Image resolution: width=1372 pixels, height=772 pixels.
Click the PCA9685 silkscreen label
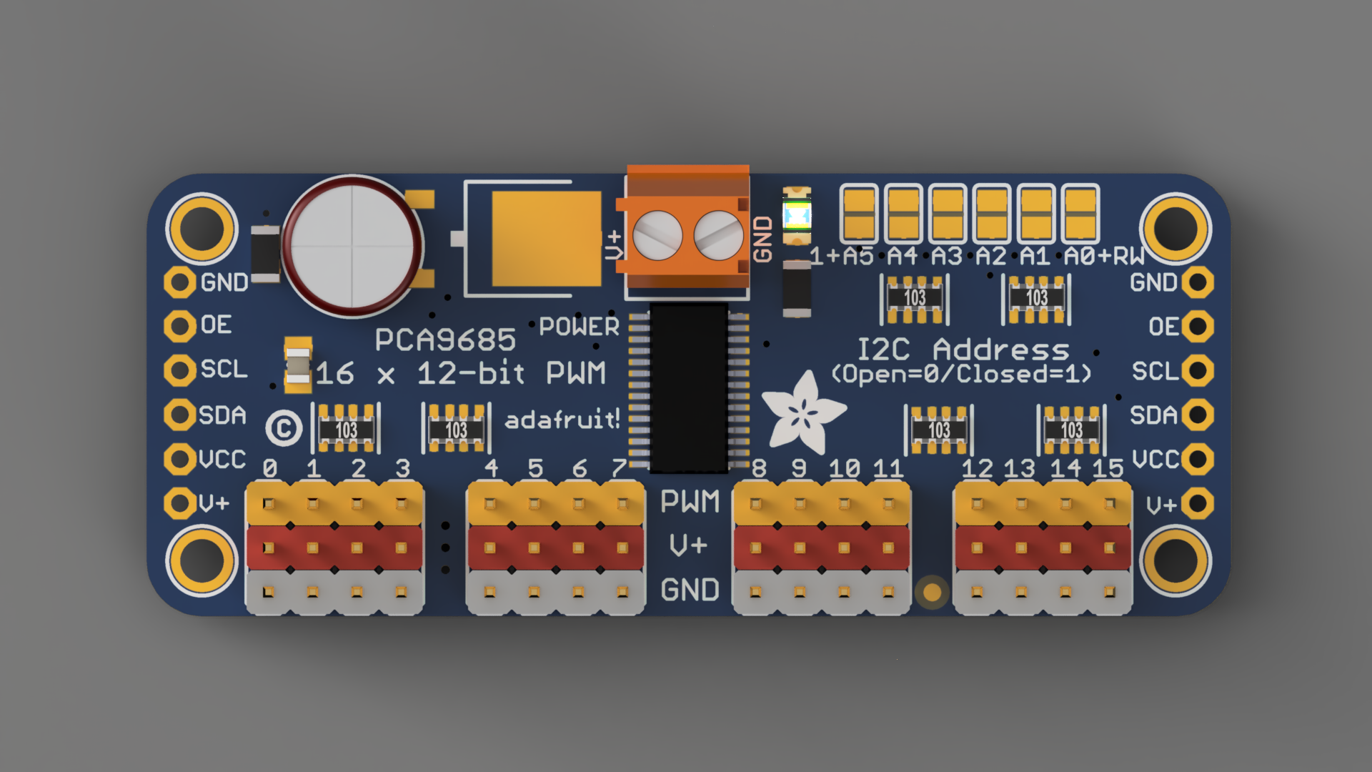445,340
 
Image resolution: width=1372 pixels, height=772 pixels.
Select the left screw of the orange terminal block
657,236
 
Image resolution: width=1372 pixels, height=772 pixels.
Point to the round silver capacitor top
353,246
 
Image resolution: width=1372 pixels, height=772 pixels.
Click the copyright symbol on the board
284,428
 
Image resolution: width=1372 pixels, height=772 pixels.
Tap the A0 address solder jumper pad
1080,214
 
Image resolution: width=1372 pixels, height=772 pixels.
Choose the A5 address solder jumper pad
858,214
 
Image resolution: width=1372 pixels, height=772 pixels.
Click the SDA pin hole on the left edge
179,415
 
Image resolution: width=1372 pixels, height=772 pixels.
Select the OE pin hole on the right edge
1198,327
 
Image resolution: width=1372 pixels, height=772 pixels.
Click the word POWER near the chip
579,327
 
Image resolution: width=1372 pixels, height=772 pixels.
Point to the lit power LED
797,215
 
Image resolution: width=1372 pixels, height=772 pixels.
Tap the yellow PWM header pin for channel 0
269,504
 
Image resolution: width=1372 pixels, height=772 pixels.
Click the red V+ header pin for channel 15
1109,548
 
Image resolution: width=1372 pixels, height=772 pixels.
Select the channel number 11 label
888,469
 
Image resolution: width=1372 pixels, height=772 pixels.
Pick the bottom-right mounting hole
1175,560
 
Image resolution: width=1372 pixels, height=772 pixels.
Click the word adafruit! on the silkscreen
562,420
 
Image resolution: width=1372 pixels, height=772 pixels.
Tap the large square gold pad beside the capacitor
547,239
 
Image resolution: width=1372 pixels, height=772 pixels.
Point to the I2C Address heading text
963,350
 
